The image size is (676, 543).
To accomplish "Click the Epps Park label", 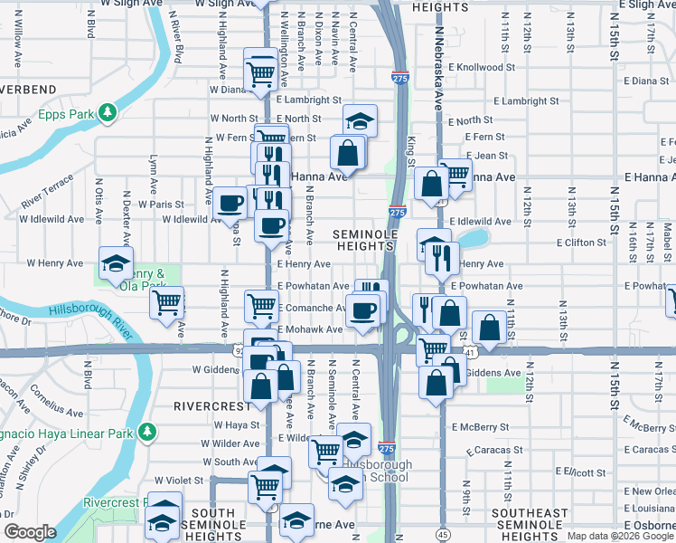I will (x=67, y=115).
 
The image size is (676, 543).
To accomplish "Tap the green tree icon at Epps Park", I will (x=108, y=111).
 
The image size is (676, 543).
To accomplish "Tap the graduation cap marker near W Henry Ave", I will (x=116, y=262).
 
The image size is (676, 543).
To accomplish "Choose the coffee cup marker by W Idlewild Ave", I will (x=229, y=202).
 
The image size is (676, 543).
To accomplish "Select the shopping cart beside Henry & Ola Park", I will (x=166, y=302).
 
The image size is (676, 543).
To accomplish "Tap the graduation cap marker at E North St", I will (x=360, y=119).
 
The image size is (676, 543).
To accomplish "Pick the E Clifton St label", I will (x=581, y=243).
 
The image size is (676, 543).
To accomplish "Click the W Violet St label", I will (x=182, y=481).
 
